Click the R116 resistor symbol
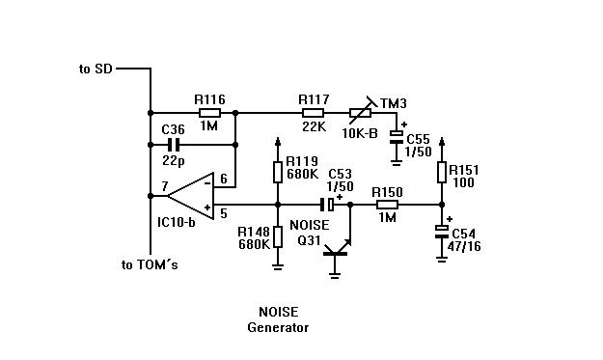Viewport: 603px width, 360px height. pyautogui.click(x=209, y=113)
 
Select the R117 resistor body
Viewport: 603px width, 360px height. pyautogui.click(x=313, y=113)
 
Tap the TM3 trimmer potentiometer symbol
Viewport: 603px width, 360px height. pyautogui.click(x=361, y=112)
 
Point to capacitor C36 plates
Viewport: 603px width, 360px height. pyautogui.click(x=174, y=145)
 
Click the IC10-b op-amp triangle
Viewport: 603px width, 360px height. pyautogui.click(x=191, y=196)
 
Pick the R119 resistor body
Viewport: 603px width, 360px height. pyautogui.click(x=278, y=173)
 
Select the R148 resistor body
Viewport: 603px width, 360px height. pyautogui.click(x=278, y=236)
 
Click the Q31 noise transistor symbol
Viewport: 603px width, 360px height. pyautogui.click(x=337, y=251)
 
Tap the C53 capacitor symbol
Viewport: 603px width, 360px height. pyautogui.click(x=327, y=205)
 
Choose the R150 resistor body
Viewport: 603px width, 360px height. pyautogui.click(x=387, y=205)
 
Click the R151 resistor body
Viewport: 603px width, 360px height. pyautogui.click(x=442, y=173)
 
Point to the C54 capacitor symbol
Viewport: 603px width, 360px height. pyautogui.click(x=442, y=232)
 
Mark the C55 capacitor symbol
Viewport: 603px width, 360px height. pyautogui.click(x=397, y=137)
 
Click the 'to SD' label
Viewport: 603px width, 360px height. pyautogui.click(x=96, y=69)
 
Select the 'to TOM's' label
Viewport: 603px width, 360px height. pyautogui.click(x=150, y=264)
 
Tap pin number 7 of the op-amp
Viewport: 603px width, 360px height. pyautogui.click(x=165, y=186)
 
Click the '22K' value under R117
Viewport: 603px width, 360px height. pyautogui.click(x=314, y=126)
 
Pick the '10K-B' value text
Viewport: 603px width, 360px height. pyautogui.click(x=360, y=133)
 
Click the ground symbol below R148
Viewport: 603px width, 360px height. pyautogui.click(x=278, y=266)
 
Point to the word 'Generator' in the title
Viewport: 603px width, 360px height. pyautogui.click(x=278, y=328)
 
